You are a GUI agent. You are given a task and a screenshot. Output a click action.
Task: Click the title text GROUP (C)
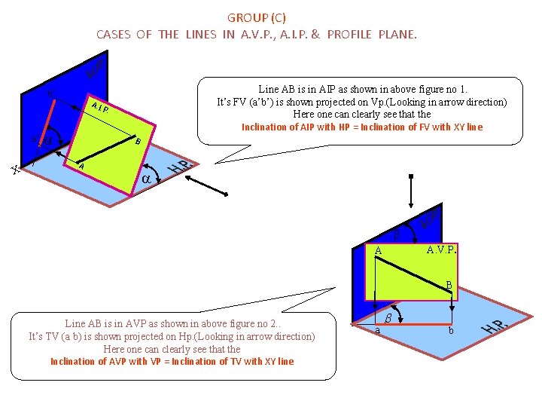pyautogui.click(x=256, y=17)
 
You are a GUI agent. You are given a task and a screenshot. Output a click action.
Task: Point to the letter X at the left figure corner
pyautogui.click(x=15, y=171)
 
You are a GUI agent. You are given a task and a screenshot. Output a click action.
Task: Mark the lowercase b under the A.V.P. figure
pyautogui.click(x=450, y=330)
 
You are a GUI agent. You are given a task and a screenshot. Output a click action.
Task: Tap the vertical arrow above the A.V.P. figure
pyautogui.click(x=410, y=191)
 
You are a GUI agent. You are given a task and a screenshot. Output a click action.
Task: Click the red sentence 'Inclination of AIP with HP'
pyautogui.click(x=361, y=127)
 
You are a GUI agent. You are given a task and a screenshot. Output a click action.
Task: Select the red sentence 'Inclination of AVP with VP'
pyautogui.click(x=172, y=361)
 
